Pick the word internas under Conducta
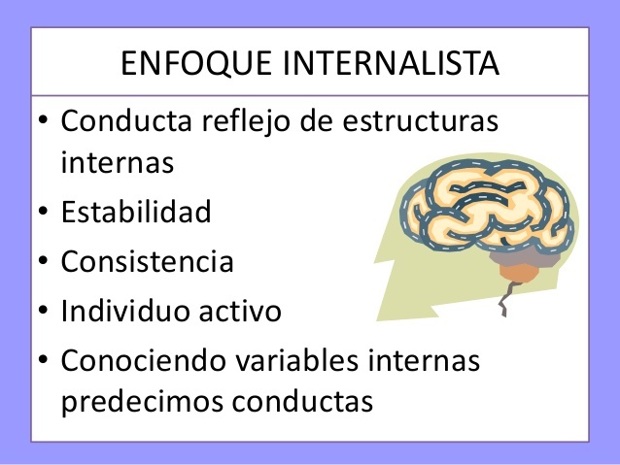tap(118, 161)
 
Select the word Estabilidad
tap(136, 212)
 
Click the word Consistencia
tap(148, 262)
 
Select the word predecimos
tap(143, 400)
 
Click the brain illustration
tap(485, 215)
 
